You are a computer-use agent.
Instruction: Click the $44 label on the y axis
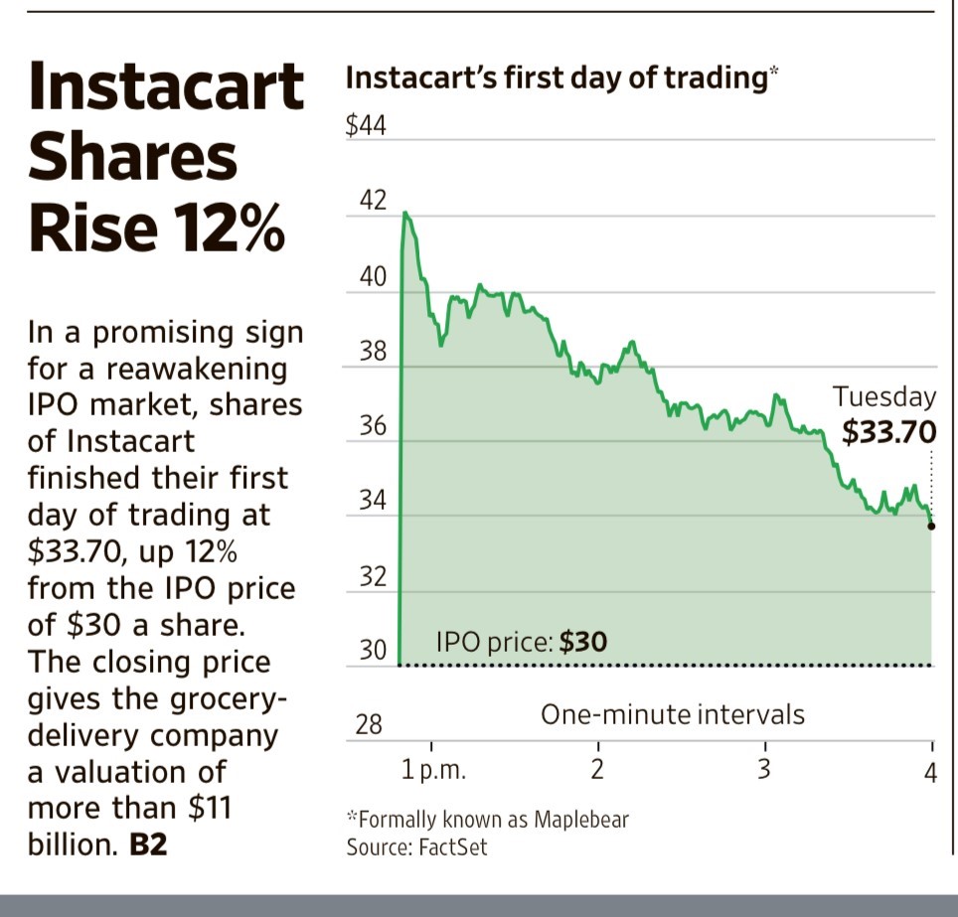(x=366, y=127)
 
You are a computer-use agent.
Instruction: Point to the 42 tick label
(x=371, y=201)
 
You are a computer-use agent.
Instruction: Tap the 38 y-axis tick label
(x=371, y=352)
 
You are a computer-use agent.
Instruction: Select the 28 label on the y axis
(x=369, y=725)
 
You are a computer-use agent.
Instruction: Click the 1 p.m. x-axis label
(x=434, y=770)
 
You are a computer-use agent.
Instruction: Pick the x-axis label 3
(x=764, y=770)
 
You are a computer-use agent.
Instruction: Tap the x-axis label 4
(x=931, y=772)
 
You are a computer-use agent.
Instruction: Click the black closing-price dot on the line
(x=931, y=527)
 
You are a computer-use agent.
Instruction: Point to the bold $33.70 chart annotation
(x=888, y=433)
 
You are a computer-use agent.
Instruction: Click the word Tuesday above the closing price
(x=884, y=397)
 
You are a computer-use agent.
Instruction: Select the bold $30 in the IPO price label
(x=583, y=642)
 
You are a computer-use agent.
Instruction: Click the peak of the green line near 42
(x=405, y=213)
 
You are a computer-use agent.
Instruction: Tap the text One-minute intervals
(x=672, y=713)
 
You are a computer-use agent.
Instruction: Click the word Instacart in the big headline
(x=165, y=86)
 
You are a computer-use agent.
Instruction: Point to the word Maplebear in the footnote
(x=581, y=820)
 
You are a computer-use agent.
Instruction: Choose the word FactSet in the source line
(x=453, y=847)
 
